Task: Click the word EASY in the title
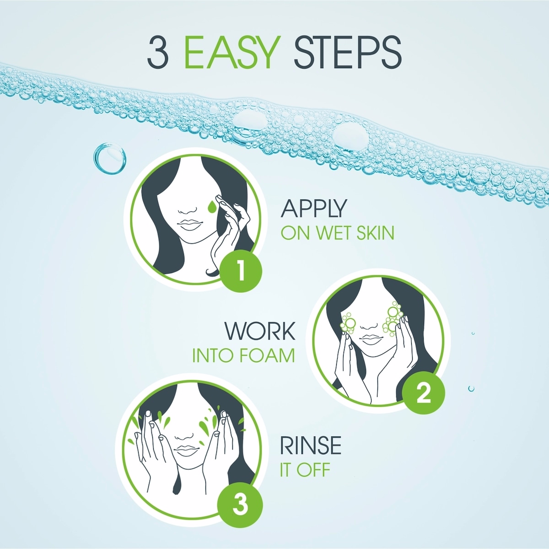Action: (233, 52)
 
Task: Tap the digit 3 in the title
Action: (157, 53)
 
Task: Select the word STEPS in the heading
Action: (348, 53)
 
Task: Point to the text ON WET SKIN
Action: (338, 233)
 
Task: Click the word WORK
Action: (260, 331)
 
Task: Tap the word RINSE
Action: (311, 446)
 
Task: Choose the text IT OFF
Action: (305, 470)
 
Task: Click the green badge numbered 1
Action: (241, 271)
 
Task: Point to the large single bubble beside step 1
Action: (110, 158)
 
